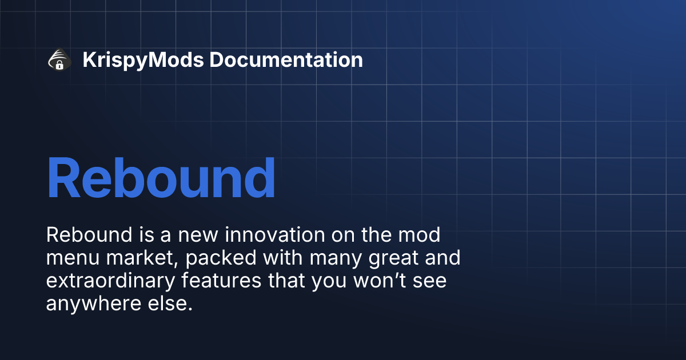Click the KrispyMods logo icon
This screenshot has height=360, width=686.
(x=59, y=60)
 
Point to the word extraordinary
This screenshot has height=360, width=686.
(x=109, y=282)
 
